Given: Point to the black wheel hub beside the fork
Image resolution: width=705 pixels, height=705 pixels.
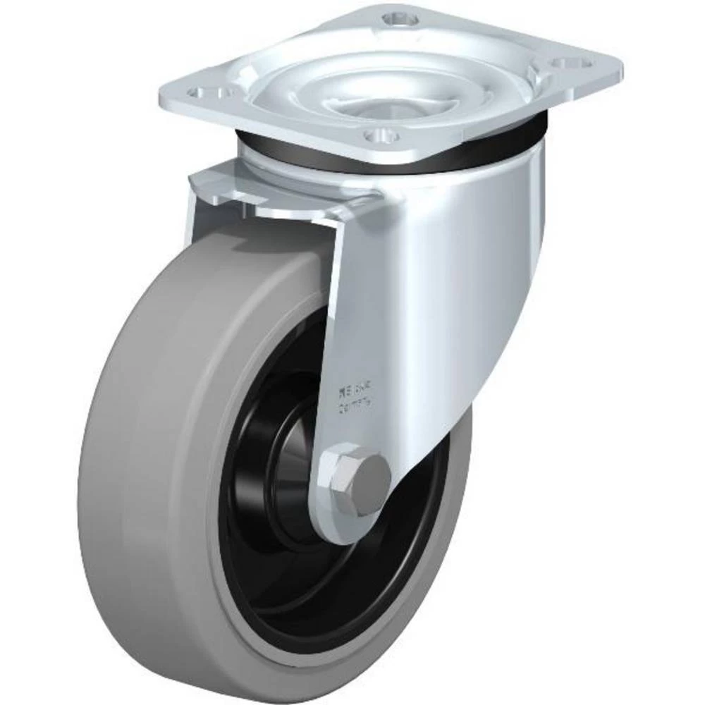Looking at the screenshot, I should (289, 451).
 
